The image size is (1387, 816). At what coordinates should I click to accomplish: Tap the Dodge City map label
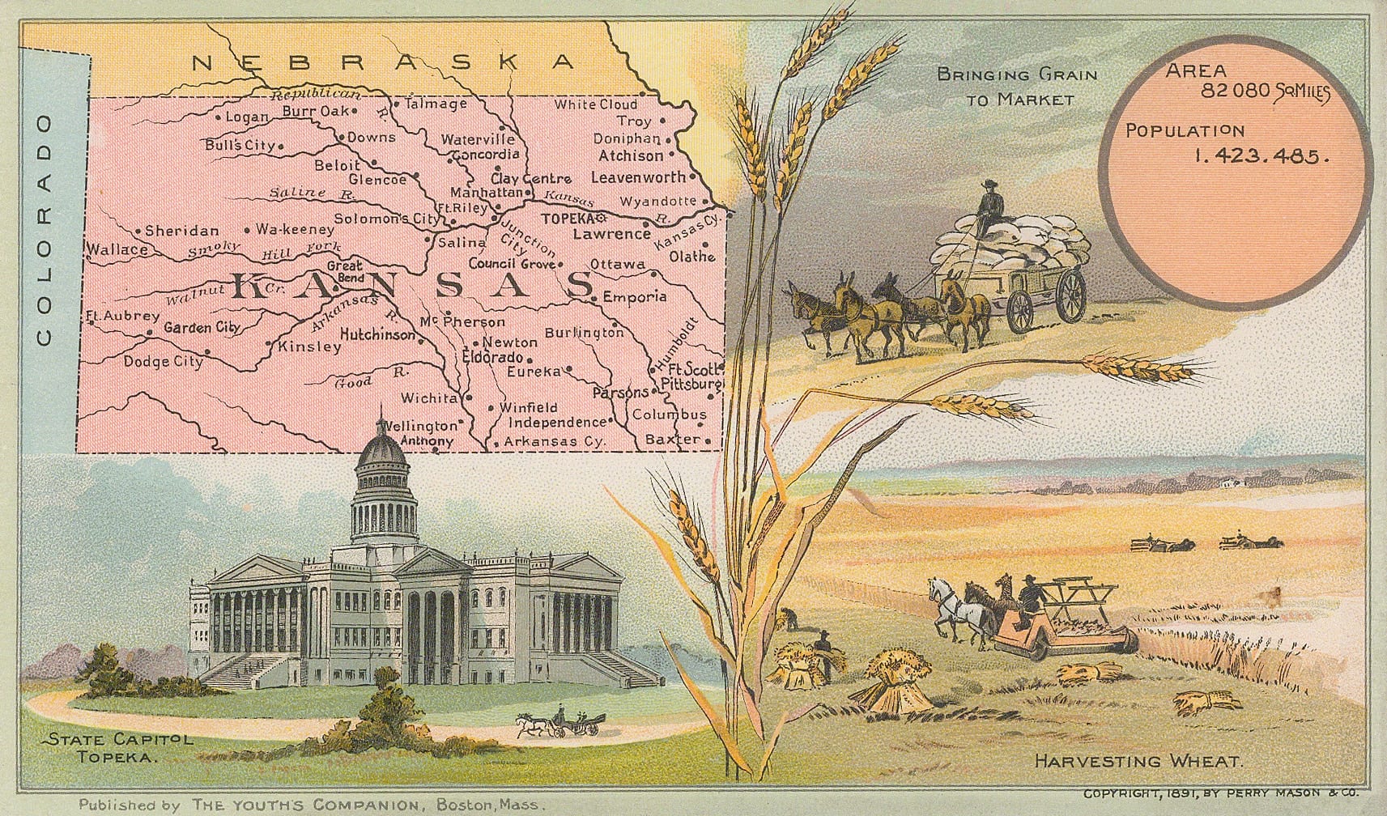163,362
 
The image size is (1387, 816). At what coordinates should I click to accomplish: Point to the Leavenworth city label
637,176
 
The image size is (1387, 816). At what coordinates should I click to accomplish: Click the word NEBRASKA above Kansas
384,62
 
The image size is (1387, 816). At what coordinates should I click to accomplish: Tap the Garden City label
202,328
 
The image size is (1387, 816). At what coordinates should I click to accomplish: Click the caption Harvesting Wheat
1138,761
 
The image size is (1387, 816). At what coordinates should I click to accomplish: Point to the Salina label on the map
462,242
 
